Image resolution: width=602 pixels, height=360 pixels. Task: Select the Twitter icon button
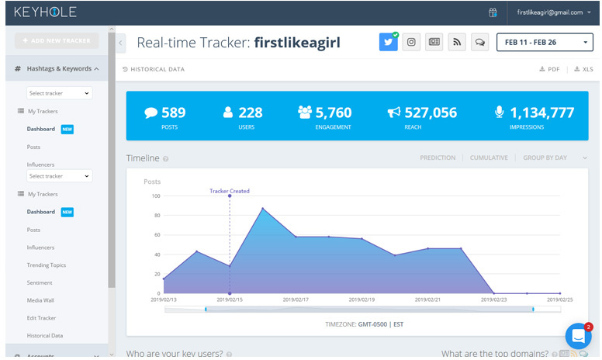pyautogui.click(x=388, y=42)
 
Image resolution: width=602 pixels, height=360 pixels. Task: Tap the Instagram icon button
pyautogui.click(x=411, y=42)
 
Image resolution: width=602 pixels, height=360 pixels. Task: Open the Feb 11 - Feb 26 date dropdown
pyautogui.click(x=545, y=42)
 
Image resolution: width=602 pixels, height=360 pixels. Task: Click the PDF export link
pyautogui.click(x=549, y=69)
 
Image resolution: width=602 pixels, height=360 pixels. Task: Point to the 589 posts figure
pyautogui.click(x=172, y=112)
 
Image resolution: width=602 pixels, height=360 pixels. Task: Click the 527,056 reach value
pyautogui.click(x=430, y=112)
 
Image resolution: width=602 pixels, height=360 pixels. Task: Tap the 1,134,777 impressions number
pyautogui.click(x=541, y=112)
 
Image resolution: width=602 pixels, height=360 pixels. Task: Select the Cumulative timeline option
pyautogui.click(x=489, y=157)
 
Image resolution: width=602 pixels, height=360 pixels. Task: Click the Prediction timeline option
pyautogui.click(x=438, y=157)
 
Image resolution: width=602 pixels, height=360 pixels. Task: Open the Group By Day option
pyautogui.click(x=545, y=157)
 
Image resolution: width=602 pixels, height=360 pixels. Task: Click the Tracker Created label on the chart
pyautogui.click(x=230, y=190)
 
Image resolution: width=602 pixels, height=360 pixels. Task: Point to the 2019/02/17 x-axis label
pyautogui.click(x=296, y=299)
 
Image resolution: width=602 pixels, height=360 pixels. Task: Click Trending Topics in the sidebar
pyautogui.click(x=47, y=265)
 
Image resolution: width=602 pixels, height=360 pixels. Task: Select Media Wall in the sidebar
pyautogui.click(x=40, y=300)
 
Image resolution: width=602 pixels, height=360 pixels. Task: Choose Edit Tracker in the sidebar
pyautogui.click(x=41, y=318)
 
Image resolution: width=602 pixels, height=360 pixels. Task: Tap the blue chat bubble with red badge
pyautogui.click(x=578, y=336)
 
